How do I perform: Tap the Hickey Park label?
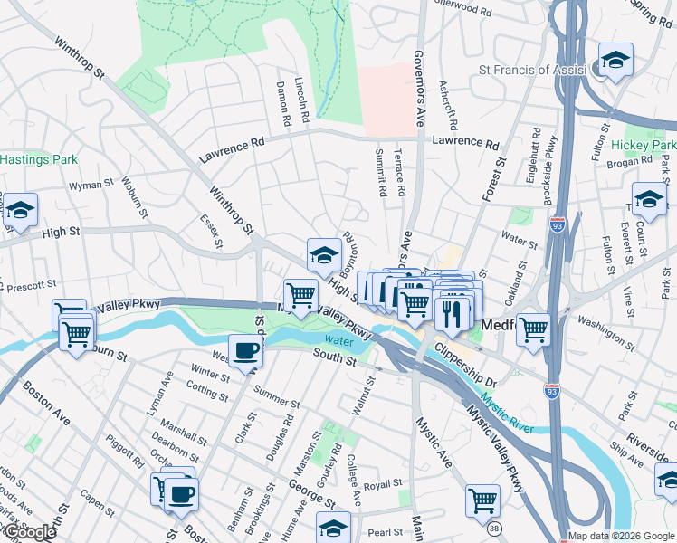(x=643, y=145)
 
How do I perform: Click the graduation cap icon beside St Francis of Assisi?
(x=615, y=61)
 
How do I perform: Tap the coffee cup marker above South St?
(x=244, y=350)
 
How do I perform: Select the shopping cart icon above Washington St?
(x=534, y=328)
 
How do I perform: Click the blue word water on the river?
(x=338, y=341)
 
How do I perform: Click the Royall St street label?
(x=385, y=485)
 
